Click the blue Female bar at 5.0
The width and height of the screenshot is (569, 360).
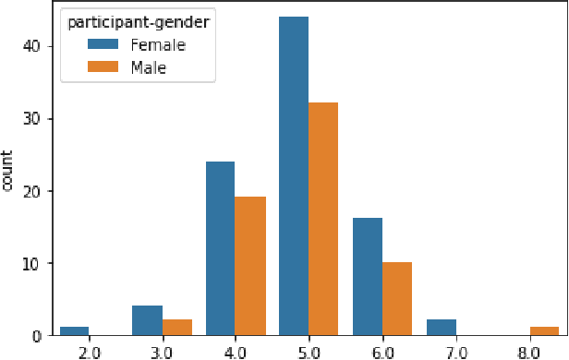[x=294, y=176]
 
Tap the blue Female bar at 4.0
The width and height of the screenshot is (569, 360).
[x=220, y=249]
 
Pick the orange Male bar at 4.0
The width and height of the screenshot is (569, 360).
[x=250, y=267]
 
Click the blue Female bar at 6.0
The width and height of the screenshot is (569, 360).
[x=368, y=277]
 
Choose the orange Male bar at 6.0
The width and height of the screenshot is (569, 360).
[x=397, y=300]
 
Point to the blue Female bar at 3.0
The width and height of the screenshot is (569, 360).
[x=147, y=321]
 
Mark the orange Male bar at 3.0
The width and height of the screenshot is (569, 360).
[x=176, y=328]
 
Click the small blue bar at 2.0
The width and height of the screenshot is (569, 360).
[x=73, y=331]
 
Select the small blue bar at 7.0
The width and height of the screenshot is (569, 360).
[x=442, y=328]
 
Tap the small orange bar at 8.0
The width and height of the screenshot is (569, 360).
[x=545, y=331]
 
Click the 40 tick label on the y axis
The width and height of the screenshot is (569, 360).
[x=32, y=46]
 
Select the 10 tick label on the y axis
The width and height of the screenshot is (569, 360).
[x=32, y=264]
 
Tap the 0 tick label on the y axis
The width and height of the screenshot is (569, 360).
[x=37, y=337]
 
